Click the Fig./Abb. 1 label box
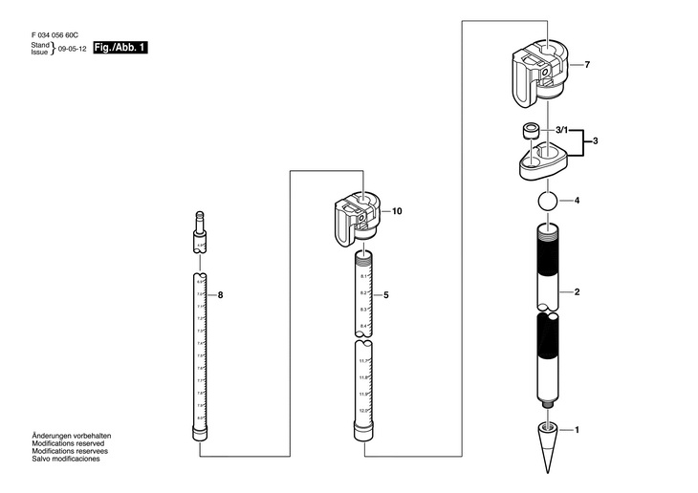(x=120, y=48)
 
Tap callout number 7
(x=587, y=65)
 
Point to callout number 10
(x=397, y=210)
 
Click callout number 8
(x=220, y=296)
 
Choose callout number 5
(x=385, y=296)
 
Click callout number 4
(x=577, y=202)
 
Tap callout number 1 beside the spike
(x=577, y=431)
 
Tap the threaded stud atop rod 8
(x=200, y=225)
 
